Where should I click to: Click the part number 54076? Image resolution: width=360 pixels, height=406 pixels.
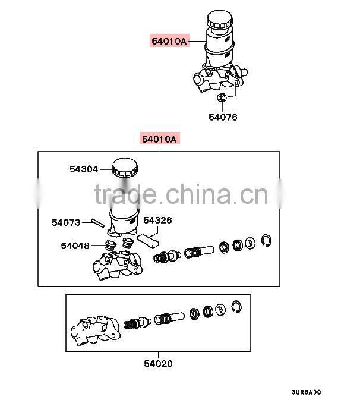coord(222,117)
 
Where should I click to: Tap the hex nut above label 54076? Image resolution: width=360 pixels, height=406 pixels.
coord(221,98)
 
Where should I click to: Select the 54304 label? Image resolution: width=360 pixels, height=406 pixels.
coord(83,169)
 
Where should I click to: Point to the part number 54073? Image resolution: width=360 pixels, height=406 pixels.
coord(65,222)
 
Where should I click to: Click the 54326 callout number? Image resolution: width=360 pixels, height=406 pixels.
coord(157,220)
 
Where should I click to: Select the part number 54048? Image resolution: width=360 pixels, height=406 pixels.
coord(74,245)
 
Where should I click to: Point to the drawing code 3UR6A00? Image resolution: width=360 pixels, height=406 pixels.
coord(306,392)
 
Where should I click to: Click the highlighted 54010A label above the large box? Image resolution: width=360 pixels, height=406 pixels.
coord(159,140)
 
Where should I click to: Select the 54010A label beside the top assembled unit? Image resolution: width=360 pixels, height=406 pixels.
coord(169,41)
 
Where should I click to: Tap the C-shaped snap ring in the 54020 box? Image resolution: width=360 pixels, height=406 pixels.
coord(237,307)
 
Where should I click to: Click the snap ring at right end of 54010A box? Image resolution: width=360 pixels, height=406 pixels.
coord(267,240)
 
